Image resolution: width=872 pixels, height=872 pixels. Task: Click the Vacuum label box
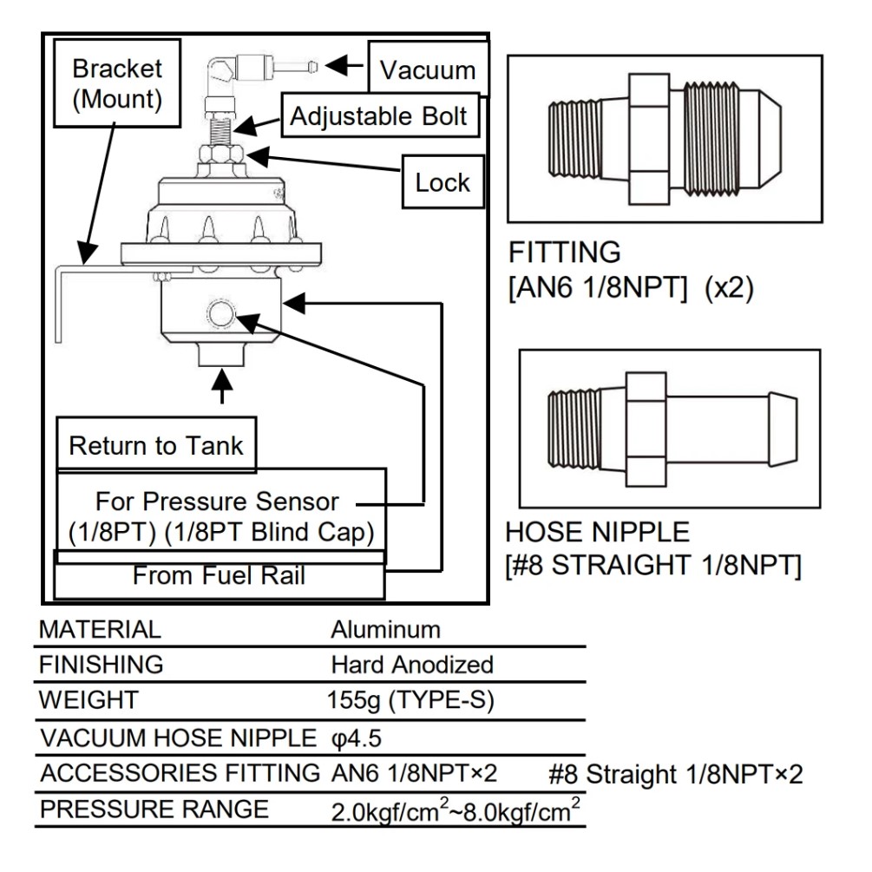click(428, 69)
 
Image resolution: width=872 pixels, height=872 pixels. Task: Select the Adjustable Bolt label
click(378, 115)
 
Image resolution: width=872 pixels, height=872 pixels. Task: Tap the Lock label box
click(443, 182)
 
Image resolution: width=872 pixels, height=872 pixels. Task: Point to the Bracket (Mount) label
click(117, 83)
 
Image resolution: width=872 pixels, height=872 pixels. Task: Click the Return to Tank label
click(156, 447)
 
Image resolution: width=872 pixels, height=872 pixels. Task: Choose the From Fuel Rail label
click(219, 575)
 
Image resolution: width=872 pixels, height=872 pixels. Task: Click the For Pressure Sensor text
click(217, 502)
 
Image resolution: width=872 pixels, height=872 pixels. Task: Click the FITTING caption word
click(564, 253)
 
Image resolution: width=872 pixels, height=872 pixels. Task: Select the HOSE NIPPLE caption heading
click(598, 532)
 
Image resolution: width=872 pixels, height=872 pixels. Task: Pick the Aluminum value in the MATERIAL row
click(385, 629)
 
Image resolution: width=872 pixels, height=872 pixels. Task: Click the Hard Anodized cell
click(412, 665)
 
